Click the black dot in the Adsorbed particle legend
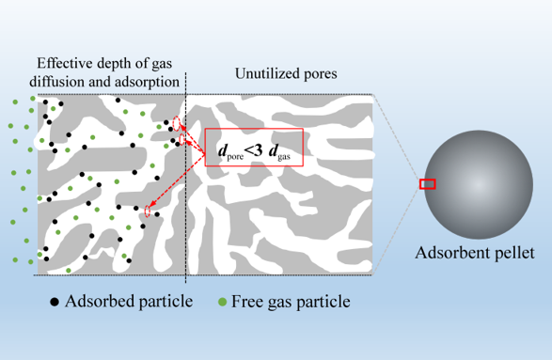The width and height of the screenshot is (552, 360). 55,302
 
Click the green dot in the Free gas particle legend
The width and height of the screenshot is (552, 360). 222,302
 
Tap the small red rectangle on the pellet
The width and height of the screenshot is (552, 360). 427,184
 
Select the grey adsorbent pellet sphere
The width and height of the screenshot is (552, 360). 478,185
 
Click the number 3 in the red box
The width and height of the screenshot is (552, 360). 258,150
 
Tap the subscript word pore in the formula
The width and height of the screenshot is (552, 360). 235,156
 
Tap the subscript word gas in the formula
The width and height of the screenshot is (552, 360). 284,156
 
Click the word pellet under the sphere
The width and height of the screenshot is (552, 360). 514,253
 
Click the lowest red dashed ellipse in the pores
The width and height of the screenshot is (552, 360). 148,211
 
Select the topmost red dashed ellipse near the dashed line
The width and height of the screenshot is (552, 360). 177,123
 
